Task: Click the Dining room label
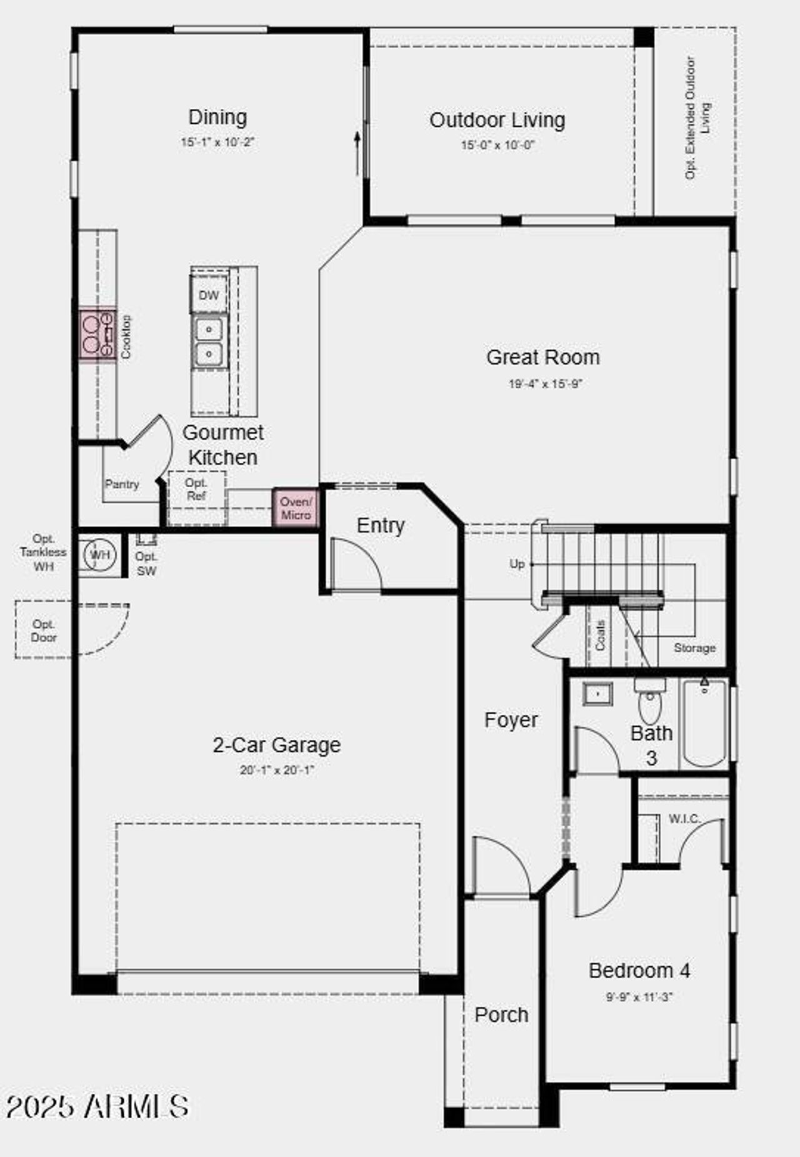(x=217, y=117)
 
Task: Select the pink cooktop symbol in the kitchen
(x=97, y=334)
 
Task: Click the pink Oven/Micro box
(x=296, y=508)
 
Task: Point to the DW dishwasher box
(x=209, y=295)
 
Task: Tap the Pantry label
(x=122, y=483)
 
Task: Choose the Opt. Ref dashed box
(x=196, y=489)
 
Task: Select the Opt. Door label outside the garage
(x=44, y=631)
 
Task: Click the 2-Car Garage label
(x=277, y=745)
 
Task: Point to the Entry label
(x=381, y=525)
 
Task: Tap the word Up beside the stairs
(x=517, y=563)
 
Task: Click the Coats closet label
(x=601, y=635)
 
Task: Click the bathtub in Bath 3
(x=704, y=723)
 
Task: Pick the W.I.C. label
(x=684, y=819)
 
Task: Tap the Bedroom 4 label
(x=639, y=970)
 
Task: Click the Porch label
(x=501, y=1014)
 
